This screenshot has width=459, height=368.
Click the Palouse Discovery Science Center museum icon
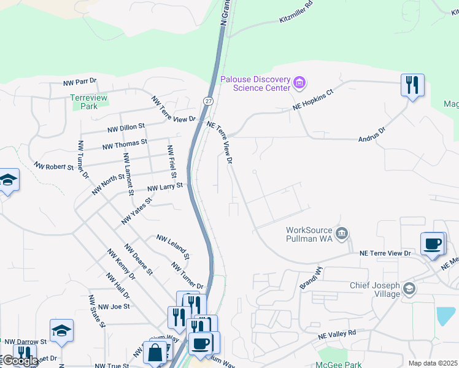[x=299, y=82]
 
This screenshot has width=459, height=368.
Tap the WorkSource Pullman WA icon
[x=342, y=233]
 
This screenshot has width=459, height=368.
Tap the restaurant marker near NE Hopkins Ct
[x=413, y=85]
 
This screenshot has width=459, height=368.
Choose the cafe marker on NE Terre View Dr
[x=432, y=243]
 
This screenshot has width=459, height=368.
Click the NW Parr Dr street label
[x=80, y=81]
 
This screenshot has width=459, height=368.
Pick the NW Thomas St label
[x=125, y=145]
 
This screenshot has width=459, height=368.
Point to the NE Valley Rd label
[x=337, y=334]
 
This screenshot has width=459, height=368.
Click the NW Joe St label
[x=114, y=305]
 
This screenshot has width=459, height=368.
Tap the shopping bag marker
[x=156, y=353]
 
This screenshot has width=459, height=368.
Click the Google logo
[x=20, y=361]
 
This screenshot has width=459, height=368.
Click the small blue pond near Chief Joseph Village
[x=445, y=315]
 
